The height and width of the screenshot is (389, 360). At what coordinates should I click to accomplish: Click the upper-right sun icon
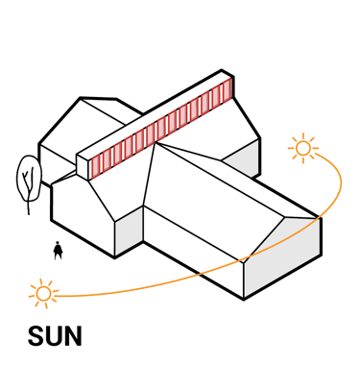(x=303, y=148)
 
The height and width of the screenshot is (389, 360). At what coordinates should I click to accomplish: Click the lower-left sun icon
(x=42, y=292)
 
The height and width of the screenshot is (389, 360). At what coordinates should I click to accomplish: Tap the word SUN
(x=55, y=336)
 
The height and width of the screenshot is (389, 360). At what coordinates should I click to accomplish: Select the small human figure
(x=60, y=251)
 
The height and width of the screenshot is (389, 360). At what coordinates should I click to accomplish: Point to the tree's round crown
(x=28, y=176)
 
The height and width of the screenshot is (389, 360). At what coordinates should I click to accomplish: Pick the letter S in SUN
(x=36, y=336)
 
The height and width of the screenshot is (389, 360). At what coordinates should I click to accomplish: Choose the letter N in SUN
(x=73, y=336)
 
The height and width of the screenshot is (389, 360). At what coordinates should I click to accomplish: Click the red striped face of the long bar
(x=163, y=130)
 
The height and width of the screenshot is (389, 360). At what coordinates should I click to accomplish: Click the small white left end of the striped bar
(x=83, y=164)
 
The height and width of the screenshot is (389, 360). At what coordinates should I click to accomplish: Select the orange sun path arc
(x=192, y=274)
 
